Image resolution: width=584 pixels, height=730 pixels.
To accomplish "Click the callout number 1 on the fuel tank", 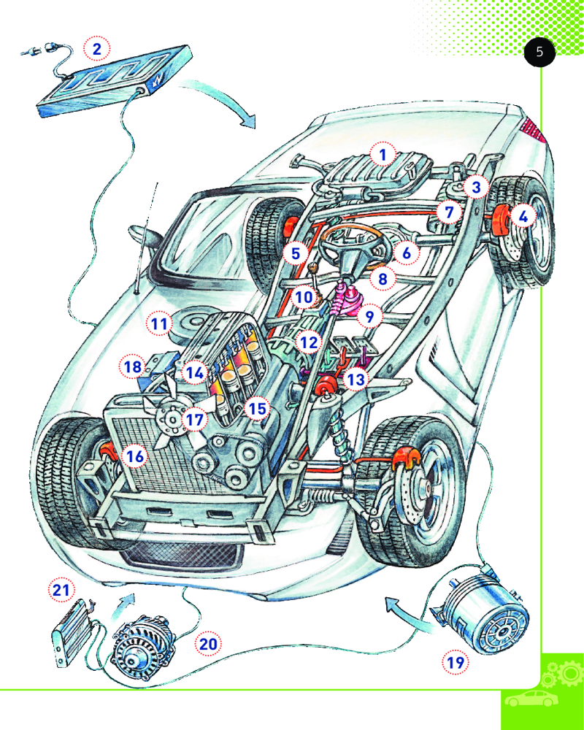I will (x=382, y=154).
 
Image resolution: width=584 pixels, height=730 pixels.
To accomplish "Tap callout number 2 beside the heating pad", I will (x=97, y=49).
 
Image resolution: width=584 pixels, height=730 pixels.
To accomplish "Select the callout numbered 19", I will (x=456, y=662).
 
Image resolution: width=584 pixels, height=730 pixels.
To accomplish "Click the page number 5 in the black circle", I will (x=539, y=53).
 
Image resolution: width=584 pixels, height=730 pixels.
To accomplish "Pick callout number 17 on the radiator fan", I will (x=193, y=420).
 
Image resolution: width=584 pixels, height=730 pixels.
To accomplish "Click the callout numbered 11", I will (x=158, y=322).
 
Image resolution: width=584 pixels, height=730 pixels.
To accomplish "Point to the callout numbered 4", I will (x=523, y=216).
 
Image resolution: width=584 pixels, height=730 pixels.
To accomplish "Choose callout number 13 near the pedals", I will (x=356, y=380).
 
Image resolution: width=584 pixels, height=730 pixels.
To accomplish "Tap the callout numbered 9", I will (x=370, y=317).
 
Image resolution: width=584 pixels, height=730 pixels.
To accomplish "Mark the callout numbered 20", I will (x=208, y=644).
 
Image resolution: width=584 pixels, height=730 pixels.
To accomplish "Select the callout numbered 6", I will (x=407, y=253).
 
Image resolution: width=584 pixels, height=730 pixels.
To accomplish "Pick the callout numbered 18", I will (x=132, y=366).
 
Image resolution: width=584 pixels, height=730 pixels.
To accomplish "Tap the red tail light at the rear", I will (x=535, y=131).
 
